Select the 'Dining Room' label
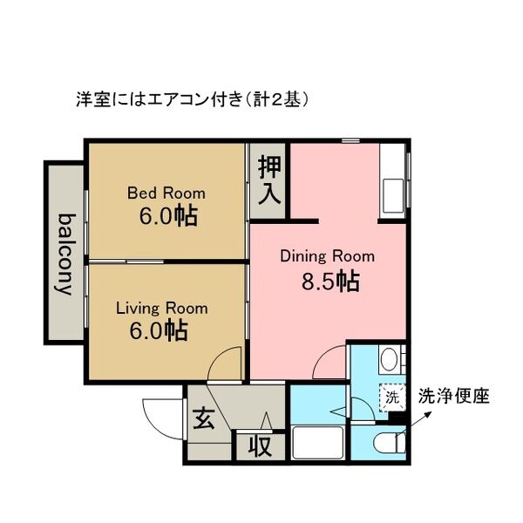[327, 256]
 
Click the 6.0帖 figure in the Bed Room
[167, 215]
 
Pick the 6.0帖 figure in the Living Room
[163, 330]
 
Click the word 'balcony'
[65, 254]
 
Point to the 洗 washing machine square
[391, 397]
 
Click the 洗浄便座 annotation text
[454, 396]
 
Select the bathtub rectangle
[317, 443]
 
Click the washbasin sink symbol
[389, 358]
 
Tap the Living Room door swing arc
[227, 361]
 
